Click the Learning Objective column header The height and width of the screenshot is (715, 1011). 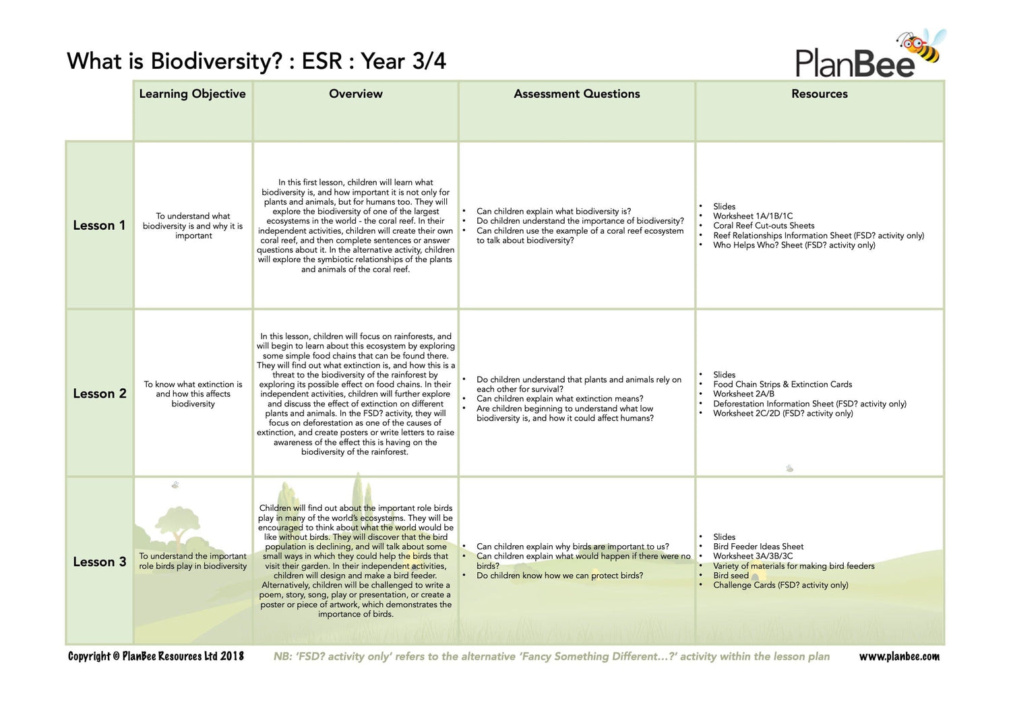coord(192,94)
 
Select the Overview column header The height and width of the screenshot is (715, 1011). coord(355,94)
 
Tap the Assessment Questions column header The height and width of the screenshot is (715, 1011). coord(576,94)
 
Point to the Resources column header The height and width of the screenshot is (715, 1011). coord(819,94)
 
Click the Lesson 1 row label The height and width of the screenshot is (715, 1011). coord(99,226)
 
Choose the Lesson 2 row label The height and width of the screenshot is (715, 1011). coord(99,394)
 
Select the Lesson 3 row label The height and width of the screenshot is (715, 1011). coord(99,562)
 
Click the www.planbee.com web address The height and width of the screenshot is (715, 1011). coord(898,656)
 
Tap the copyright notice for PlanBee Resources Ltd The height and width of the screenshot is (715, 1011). coord(156,656)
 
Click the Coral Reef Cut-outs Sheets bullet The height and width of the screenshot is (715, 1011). coord(764,226)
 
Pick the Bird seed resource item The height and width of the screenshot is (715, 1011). coord(731,576)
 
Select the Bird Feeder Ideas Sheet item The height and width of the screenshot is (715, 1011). coord(758,547)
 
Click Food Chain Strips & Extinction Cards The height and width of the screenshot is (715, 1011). coord(783,384)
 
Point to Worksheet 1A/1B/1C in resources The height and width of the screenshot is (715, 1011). coord(753,216)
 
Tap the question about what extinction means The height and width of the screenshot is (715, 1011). coord(559,399)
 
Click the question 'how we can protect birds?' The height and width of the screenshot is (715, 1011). coord(559,576)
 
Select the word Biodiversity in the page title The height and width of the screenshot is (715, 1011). coord(216,61)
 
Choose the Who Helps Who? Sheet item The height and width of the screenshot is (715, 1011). coord(794,245)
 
